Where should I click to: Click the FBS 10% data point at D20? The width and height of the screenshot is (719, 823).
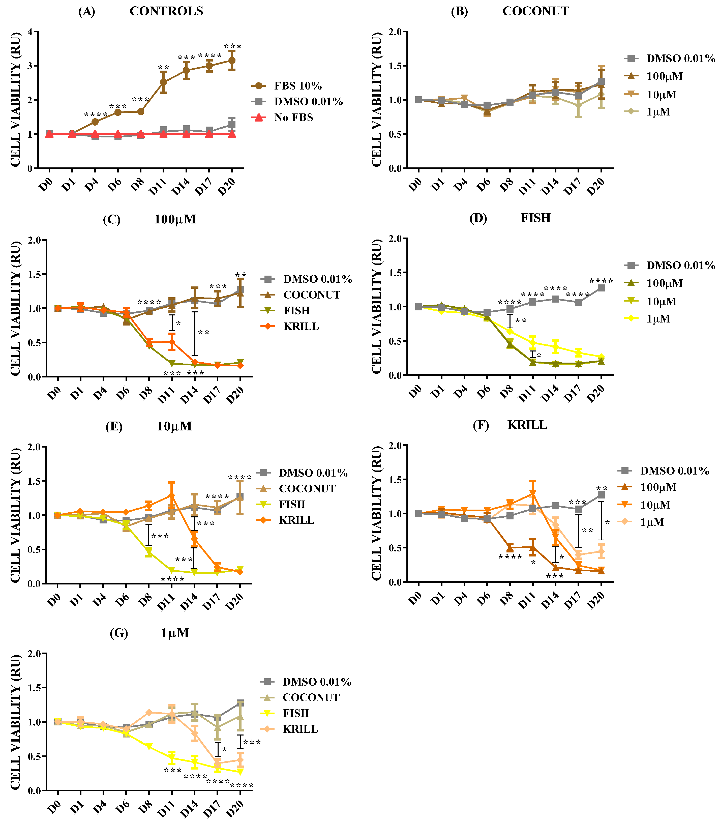pyautogui.click(x=231, y=61)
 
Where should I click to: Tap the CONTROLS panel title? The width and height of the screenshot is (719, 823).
pyautogui.click(x=166, y=11)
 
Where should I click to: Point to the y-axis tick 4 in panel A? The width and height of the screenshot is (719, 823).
pyautogui.click(x=30, y=32)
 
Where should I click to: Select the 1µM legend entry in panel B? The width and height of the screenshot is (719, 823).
pyautogui.click(x=658, y=112)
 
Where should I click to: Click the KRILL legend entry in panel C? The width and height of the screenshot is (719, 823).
pyautogui.click(x=301, y=326)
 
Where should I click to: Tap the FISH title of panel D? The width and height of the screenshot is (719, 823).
pyautogui.click(x=536, y=218)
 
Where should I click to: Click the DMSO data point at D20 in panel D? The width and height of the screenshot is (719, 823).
pyautogui.click(x=601, y=288)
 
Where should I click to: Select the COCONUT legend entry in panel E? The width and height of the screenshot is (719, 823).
pyautogui.click(x=307, y=489)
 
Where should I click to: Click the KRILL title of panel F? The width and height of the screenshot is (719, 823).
pyautogui.click(x=527, y=425)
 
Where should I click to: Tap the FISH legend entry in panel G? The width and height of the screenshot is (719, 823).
pyautogui.click(x=296, y=713)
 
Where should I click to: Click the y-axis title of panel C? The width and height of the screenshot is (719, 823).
pyautogui.click(x=15, y=308)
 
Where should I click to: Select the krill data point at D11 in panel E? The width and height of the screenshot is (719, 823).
pyautogui.click(x=172, y=495)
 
